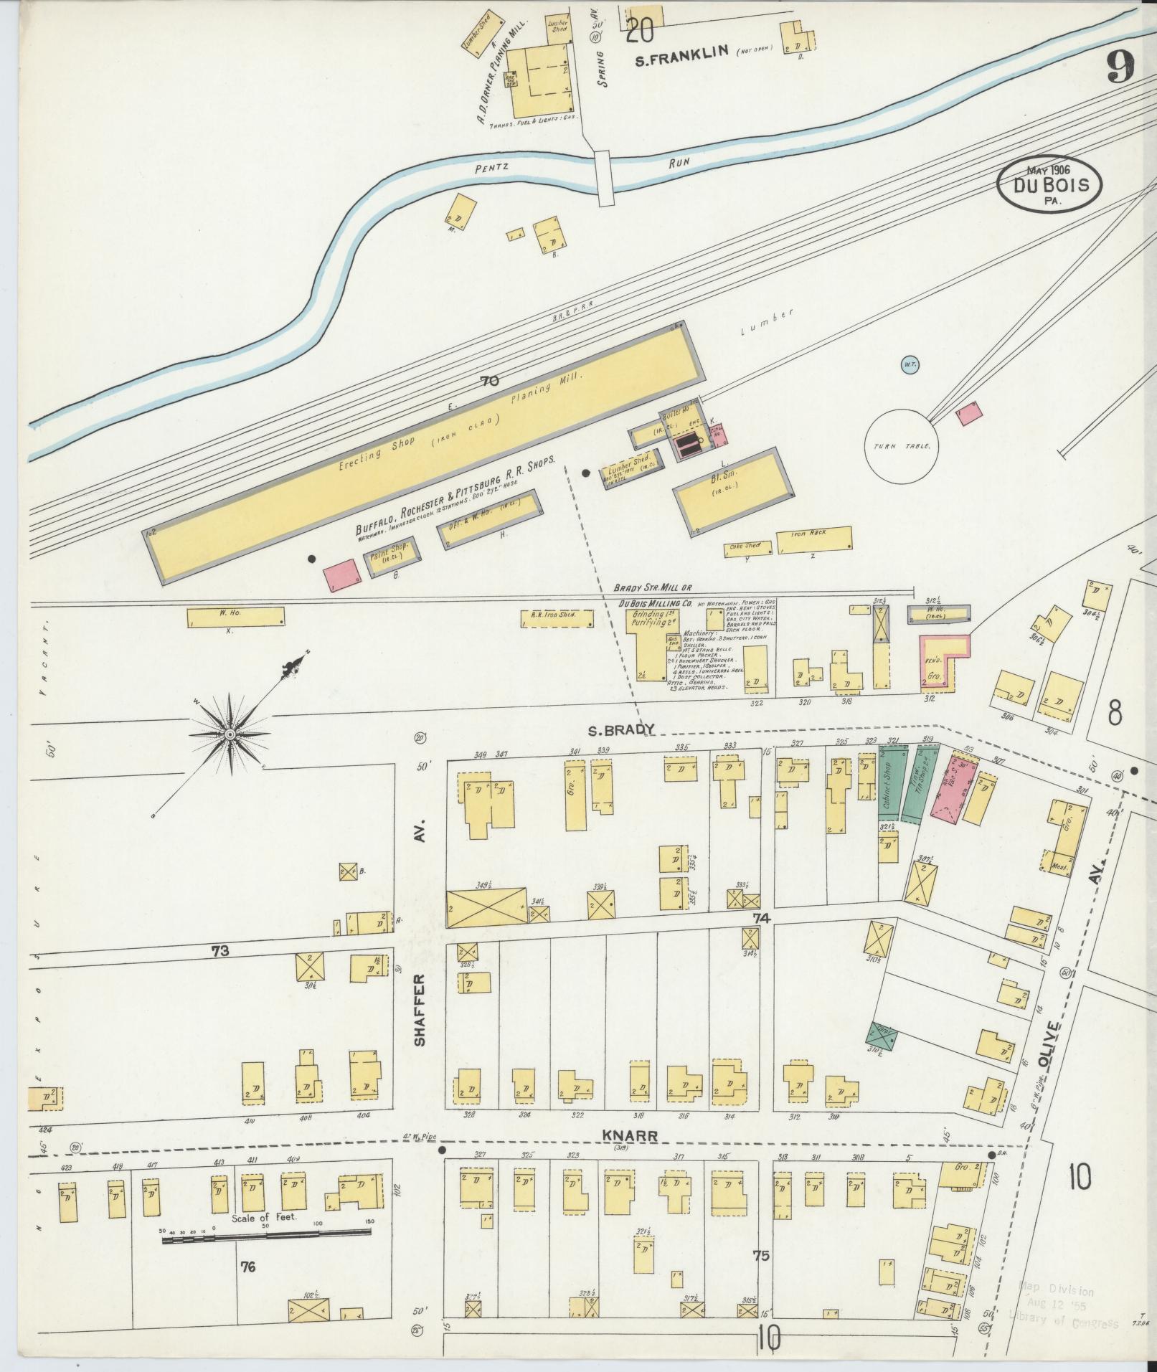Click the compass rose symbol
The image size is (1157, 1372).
[230, 734]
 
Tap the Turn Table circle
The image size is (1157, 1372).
[901, 445]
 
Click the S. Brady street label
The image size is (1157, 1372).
[620, 729]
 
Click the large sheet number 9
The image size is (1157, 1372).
[1120, 70]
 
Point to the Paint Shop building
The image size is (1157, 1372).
[392, 557]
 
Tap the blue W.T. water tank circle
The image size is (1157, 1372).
[910, 365]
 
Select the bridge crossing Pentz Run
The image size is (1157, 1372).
[605, 176]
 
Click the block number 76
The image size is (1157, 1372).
[248, 1287]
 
